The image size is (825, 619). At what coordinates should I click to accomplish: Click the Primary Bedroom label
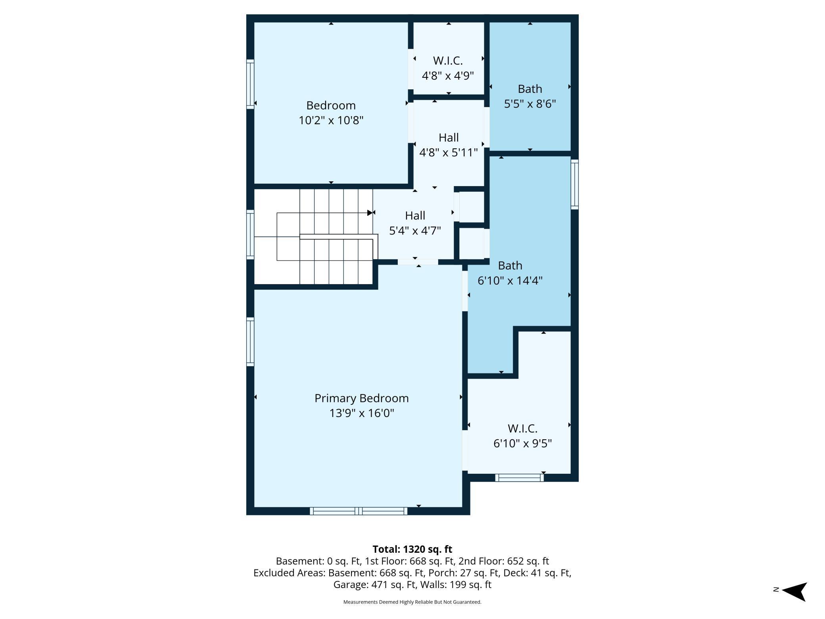[361, 398]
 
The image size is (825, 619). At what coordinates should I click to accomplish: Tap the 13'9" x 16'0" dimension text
[361, 413]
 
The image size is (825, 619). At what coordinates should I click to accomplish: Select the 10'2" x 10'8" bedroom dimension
[331, 120]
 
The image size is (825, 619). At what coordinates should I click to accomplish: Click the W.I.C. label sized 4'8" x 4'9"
[448, 61]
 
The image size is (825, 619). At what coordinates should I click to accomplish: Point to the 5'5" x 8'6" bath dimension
[530, 104]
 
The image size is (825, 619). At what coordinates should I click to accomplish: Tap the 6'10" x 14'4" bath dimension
[510, 281]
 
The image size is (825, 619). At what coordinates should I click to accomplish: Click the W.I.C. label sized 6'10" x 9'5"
[522, 429]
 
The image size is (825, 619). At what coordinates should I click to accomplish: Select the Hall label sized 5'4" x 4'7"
[415, 215]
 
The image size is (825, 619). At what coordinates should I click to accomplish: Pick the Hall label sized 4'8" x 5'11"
[449, 138]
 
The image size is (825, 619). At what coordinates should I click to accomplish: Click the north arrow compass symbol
[794, 592]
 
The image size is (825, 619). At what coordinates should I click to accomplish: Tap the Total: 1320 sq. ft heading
[412, 549]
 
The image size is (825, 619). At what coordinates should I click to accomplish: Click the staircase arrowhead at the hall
[370, 213]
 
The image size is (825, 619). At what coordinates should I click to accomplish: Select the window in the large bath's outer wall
[574, 184]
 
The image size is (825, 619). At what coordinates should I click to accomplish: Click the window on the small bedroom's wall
[250, 84]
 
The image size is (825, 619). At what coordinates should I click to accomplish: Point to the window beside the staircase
[250, 235]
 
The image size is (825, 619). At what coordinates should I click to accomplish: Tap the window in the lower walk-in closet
[519, 478]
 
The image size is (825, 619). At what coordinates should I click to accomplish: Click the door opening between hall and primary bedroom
[418, 262]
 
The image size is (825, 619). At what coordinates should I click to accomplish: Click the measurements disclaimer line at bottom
[412, 602]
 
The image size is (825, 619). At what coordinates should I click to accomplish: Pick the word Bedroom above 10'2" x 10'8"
[331, 106]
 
